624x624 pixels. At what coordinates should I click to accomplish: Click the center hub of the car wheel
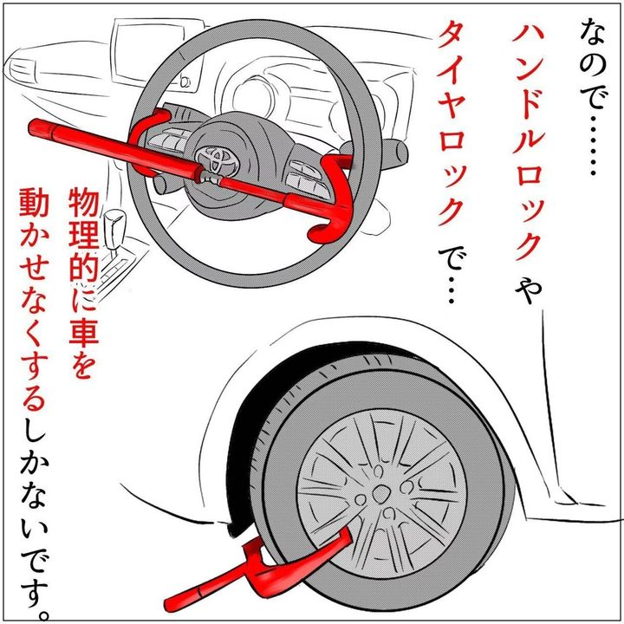point(380,491)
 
